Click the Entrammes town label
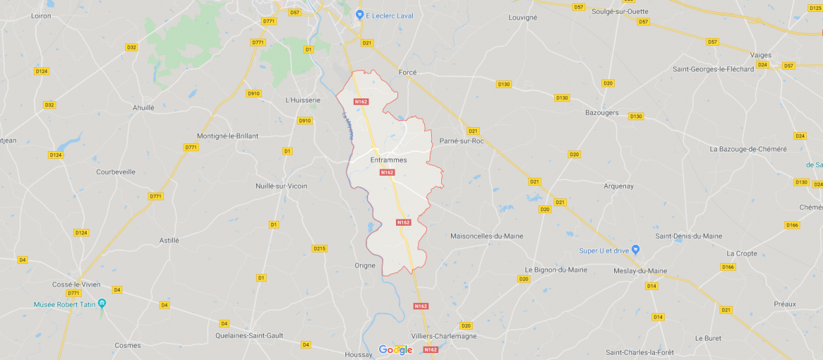point(388,160)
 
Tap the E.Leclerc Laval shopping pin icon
point(359,15)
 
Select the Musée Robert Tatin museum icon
point(102,304)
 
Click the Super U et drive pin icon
point(635,250)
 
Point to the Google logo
point(395,349)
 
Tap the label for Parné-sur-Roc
point(461,141)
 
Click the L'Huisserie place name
point(303,100)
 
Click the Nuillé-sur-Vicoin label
point(281,186)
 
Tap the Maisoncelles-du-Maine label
point(487,236)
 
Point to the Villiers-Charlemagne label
point(445,336)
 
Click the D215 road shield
point(319,248)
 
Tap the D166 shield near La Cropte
point(727,267)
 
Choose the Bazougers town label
point(602,112)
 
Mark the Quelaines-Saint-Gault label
point(249,335)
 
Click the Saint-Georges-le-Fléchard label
point(713,69)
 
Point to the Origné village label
point(365,265)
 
